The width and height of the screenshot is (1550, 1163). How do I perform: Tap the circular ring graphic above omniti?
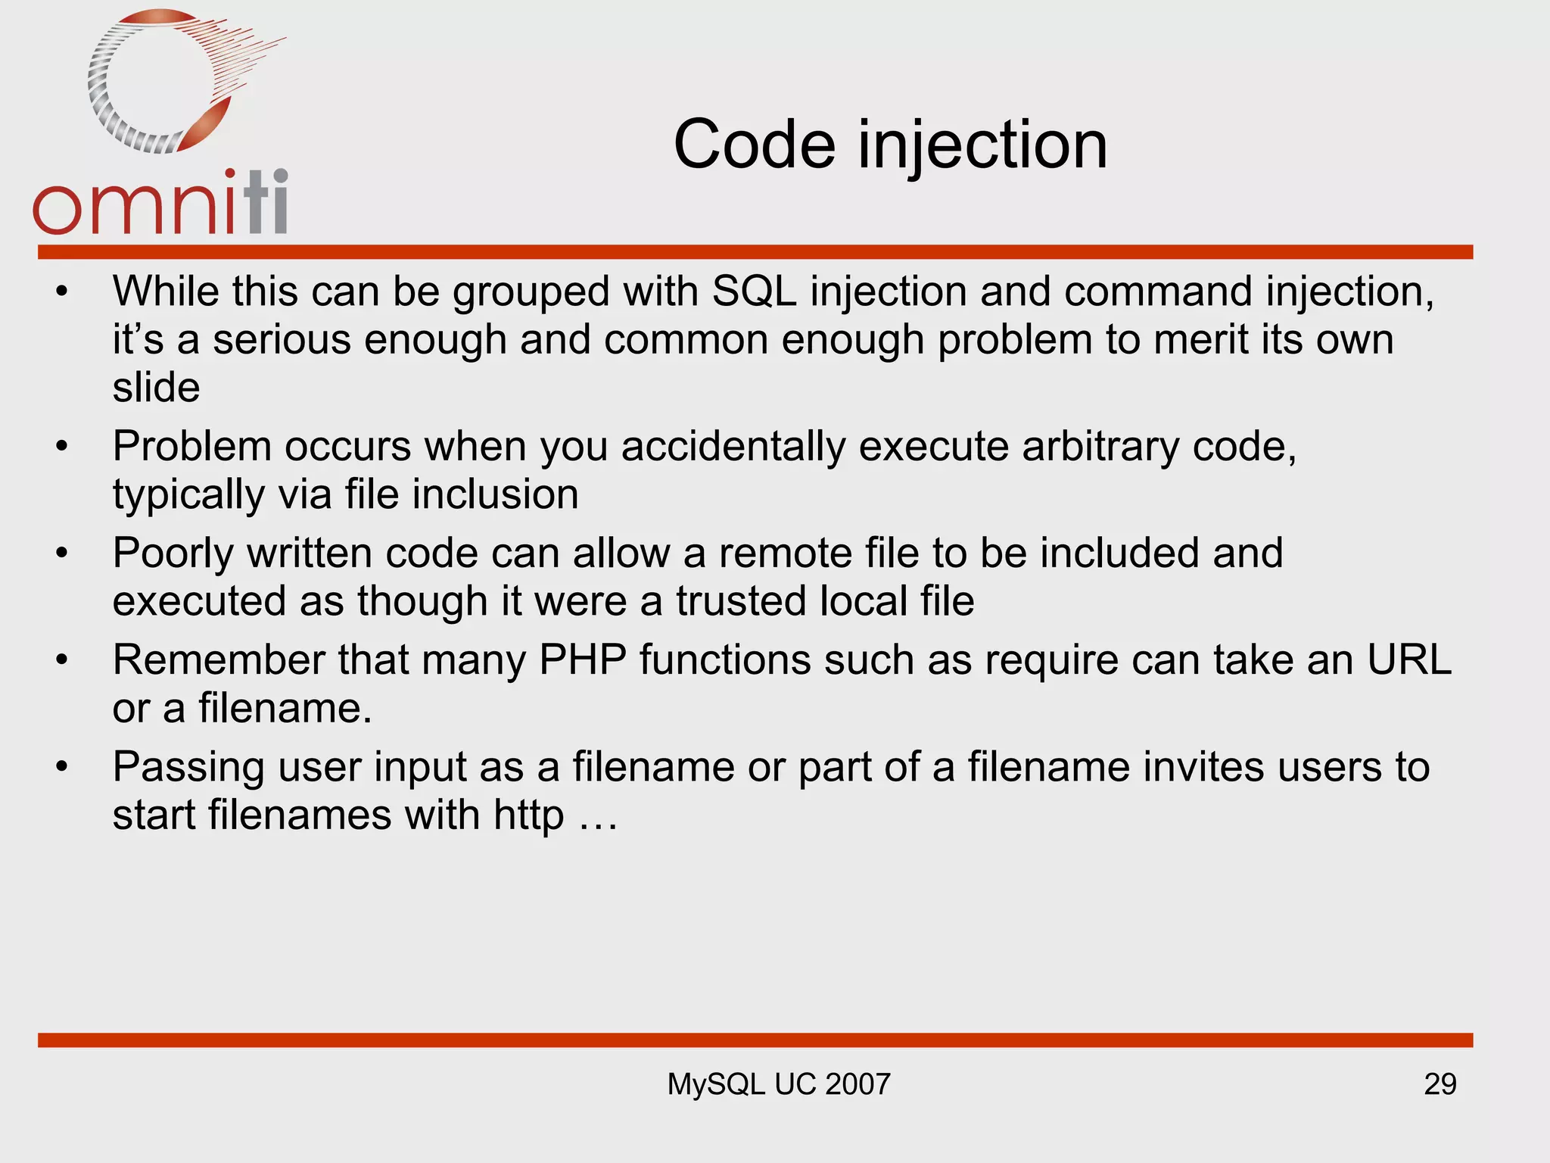click(163, 82)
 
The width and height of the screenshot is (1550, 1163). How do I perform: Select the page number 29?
click(1440, 1084)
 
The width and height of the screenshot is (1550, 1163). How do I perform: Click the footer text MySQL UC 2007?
click(778, 1084)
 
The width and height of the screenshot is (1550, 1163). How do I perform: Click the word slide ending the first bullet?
click(156, 388)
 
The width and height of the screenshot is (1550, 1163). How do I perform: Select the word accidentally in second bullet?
click(733, 446)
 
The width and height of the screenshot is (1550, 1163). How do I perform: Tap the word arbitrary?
click(1100, 446)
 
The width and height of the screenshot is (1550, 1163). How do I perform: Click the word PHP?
click(582, 659)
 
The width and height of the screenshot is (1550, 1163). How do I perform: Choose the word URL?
click(1409, 659)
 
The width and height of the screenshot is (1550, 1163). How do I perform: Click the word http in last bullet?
click(528, 816)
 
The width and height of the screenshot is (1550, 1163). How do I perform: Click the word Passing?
click(188, 768)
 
